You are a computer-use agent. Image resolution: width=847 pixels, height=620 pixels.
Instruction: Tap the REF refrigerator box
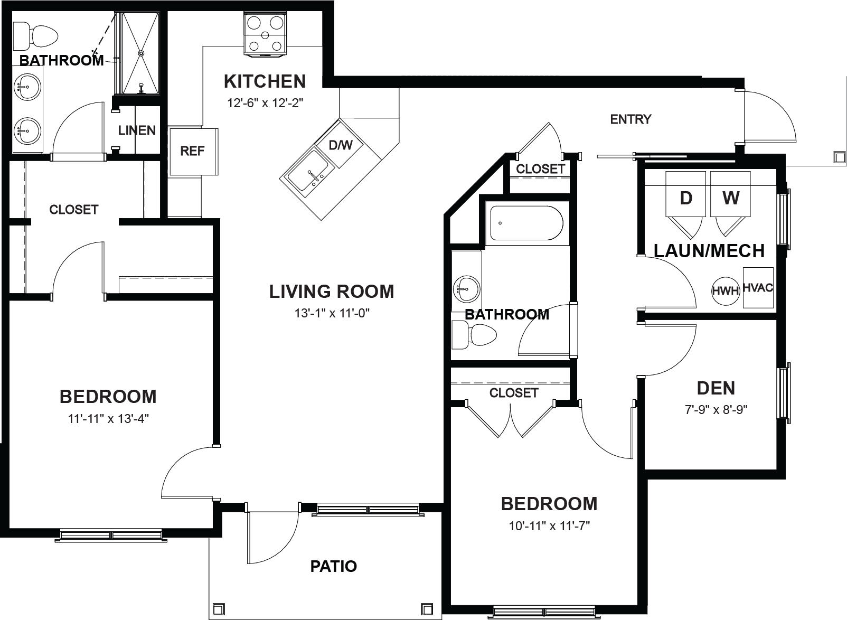coord(193,151)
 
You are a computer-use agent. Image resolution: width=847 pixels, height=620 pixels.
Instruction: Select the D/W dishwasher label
coord(340,145)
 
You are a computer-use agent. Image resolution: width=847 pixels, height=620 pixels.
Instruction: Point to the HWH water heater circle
coord(725,291)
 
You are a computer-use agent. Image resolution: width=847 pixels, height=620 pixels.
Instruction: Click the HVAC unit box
coord(758,288)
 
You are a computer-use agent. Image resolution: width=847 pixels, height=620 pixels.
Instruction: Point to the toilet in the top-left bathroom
coord(35,36)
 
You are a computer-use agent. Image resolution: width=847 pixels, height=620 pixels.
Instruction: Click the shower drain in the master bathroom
coord(142,53)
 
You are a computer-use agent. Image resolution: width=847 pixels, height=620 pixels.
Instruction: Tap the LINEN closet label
coord(137,130)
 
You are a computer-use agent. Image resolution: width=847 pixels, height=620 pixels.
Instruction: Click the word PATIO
coord(334,566)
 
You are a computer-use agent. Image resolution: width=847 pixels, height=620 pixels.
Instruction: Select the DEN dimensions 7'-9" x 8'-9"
coord(716,410)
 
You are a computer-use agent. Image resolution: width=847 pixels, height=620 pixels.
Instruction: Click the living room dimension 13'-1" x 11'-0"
coord(332,313)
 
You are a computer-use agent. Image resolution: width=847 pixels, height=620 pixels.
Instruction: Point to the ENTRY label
coord(630,119)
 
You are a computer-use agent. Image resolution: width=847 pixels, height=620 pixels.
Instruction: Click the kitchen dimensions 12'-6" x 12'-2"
coord(265,103)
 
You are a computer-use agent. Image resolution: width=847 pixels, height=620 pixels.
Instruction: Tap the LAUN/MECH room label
coord(709,251)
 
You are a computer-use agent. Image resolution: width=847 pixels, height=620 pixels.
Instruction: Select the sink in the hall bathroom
coord(467,289)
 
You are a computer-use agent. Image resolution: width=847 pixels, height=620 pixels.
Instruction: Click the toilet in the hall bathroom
coord(474,335)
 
